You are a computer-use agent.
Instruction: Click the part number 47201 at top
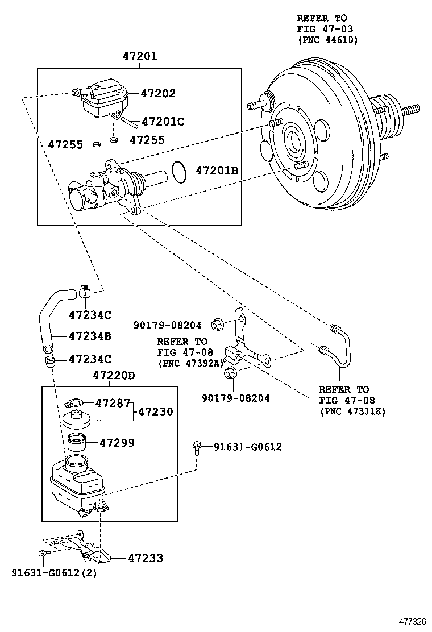pyautogui.click(x=140, y=56)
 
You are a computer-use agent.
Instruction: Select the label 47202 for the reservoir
pyautogui.click(x=158, y=93)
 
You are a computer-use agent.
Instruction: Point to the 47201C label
pyautogui.click(x=163, y=122)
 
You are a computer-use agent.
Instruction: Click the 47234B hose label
pyautogui.click(x=90, y=336)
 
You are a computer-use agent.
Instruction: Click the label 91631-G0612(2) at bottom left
pyautogui.click(x=54, y=572)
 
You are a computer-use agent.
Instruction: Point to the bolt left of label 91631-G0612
pyautogui.click(x=197, y=447)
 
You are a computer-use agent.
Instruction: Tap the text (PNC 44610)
pyautogui.click(x=328, y=40)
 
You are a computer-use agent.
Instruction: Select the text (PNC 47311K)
pyautogui.click(x=352, y=411)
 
